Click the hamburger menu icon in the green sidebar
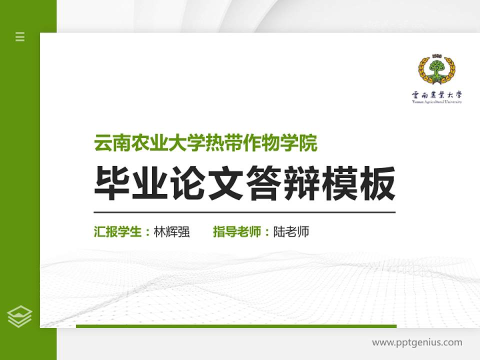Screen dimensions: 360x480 tap(20, 36)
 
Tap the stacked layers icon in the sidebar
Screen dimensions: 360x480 tap(20, 316)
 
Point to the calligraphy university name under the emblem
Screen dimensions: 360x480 tap(437, 94)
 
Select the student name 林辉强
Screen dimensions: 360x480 tap(171, 232)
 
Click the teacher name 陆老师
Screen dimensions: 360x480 tap(291, 232)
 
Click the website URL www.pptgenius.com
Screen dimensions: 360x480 tap(417, 342)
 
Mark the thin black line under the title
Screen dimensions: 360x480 tap(244, 212)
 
